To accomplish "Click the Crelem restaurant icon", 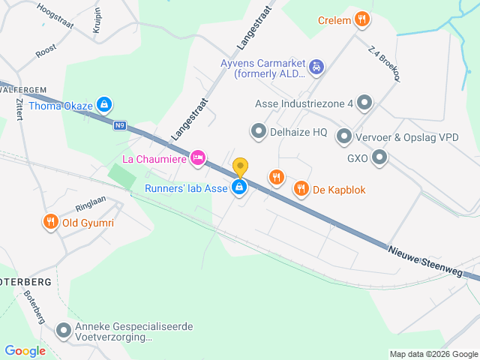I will pyautogui.click(x=362, y=19).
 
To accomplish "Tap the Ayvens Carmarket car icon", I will pyautogui.click(x=316, y=67).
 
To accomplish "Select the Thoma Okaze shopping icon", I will pyautogui.click(x=105, y=105).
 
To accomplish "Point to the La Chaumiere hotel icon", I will pyautogui.click(x=198, y=157).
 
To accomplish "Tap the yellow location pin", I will pyautogui.click(x=240, y=167).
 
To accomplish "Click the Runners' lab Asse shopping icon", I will pyautogui.click(x=239, y=188).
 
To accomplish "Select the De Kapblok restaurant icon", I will pyautogui.click(x=301, y=189).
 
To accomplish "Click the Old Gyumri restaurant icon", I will pyautogui.click(x=51, y=222).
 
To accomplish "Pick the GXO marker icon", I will pyautogui.click(x=379, y=157).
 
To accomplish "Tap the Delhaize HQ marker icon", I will pyautogui.click(x=259, y=132).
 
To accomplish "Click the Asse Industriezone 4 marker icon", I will pyautogui.click(x=364, y=103).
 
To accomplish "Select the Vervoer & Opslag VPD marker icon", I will pyautogui.click(x=343, y=136).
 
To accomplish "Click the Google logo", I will pyautogui.click(x=25, y=350).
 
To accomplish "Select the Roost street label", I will pyautogui.click(x=46, y=52).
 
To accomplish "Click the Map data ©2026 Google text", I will pyautogui.click(x=433, y=354).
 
